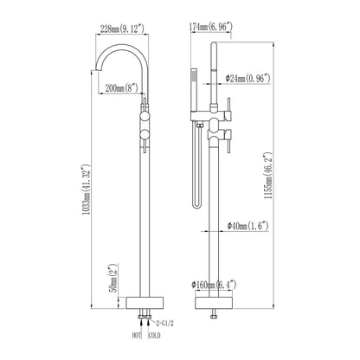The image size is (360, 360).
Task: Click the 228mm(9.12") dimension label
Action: [x=122, y=29]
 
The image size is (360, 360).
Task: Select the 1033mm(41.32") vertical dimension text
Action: [x=87, y=190]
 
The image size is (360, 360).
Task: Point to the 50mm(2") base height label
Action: [x=114, y=278]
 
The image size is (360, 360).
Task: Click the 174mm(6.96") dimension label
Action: [x=210, y=27]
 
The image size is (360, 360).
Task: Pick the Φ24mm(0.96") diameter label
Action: [x=248, y=79]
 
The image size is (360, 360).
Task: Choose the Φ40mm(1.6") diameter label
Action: [x=247, y=226]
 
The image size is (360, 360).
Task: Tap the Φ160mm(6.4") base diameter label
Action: [x=215, y=286]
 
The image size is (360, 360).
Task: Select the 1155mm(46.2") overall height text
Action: [x=268, y=177]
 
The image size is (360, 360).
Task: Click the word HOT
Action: [x=137, y=336]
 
